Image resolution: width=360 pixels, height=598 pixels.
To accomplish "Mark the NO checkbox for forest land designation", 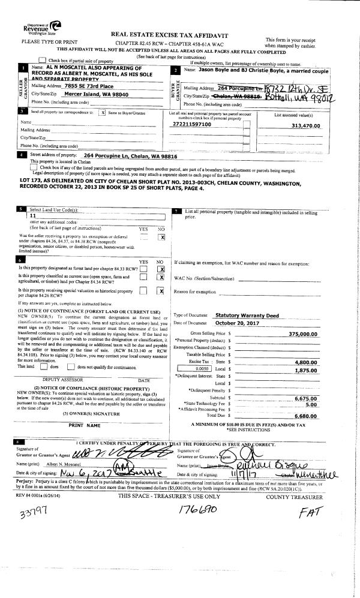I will [161, 269].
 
